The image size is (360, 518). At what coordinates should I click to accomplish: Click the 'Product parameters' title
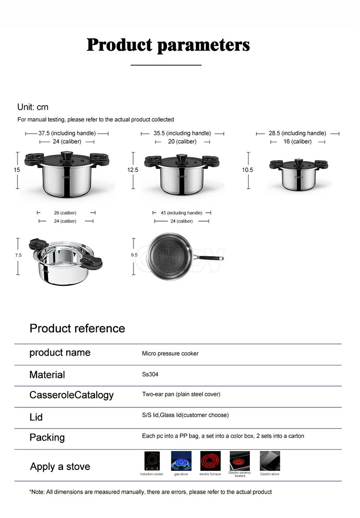pyautogui.click(x=168, y=45)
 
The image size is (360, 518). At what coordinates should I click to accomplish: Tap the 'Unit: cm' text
pyautogui.click(x=33, y=107)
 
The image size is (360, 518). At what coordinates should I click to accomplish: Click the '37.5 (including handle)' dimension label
pyautogui.click(x=67, y=133)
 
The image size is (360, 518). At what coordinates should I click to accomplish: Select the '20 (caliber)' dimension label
pyautogui.click(x=182, y=142)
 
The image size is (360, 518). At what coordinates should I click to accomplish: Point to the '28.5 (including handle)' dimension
pyautogui.click(x=297, y=133)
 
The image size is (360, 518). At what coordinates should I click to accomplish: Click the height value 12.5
pyautogui.click(x=133, y=170)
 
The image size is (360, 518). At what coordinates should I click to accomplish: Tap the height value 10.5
pyautogui.click(x=247, y=170)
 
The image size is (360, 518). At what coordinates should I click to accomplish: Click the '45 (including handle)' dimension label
pyautogui.click(x=182, y=213)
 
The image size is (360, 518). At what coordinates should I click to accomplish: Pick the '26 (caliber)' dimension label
pyautogui.click(x=65, y=213)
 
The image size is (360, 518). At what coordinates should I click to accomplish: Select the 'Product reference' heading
pyautogui.click(x=77, y=328)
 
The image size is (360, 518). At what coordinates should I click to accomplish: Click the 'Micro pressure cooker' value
pyautogui.click(x=170, y=353)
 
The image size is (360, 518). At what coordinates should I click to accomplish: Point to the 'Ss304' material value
pyautogui.click(x=150, y=374)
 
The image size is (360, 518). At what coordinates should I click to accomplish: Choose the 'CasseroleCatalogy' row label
pyautogui.click(x=72, y=395)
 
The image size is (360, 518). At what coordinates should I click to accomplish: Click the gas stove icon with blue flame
pyautogui.click(x=181, y=461)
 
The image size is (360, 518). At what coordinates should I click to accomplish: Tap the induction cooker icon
pyautogui.click(x=152, y=461)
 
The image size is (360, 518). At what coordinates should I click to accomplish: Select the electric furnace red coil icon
pyautogui.click(x=210, y=461)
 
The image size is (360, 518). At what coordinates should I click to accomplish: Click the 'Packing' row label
pyautogui.click(x=47, y=437)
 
